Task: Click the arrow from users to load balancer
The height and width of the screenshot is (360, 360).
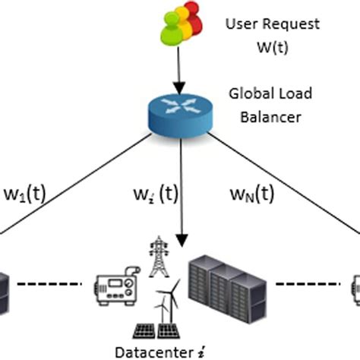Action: pyautogui.click(x=181, y=72)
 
